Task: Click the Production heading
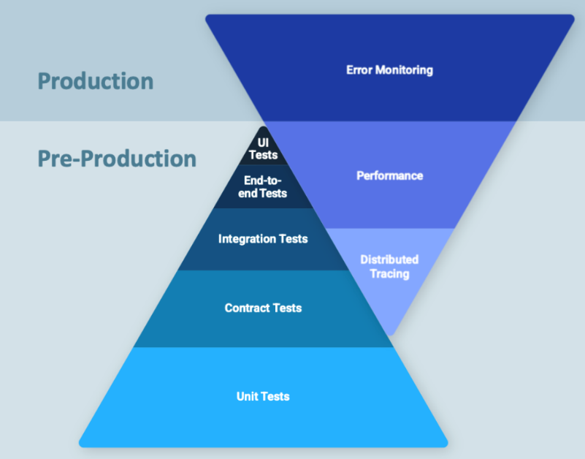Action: [x=96, y=80]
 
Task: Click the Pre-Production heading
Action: [x=117, y=159]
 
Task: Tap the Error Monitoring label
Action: [x=389, y=70]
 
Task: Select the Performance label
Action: [x=389, y=175]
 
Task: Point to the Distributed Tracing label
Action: [x=389, y=267]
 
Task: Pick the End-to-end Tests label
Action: [x=263, y=187]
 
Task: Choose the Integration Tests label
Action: [x=263, y=239]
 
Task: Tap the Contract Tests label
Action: [x=263, y=308]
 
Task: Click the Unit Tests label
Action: [x=263, y=396]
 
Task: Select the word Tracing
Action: [x=389, y=274]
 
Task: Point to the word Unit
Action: [x=248, y=396]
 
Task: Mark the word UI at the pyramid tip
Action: [x=263, y=143]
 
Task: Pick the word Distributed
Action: [x=389, y=259]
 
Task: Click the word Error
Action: [x=359, y=70]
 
